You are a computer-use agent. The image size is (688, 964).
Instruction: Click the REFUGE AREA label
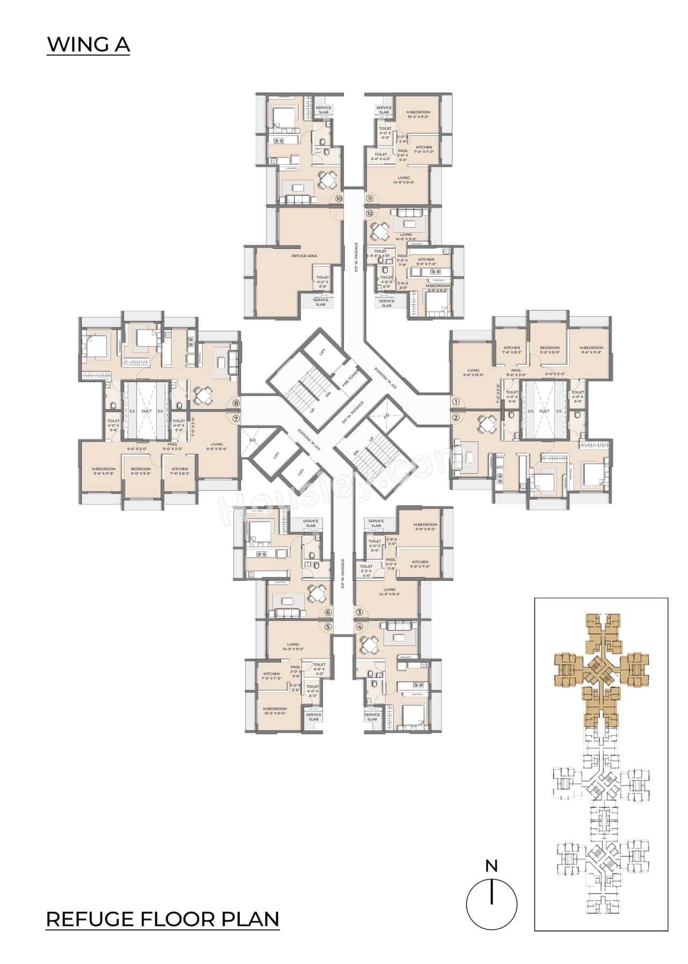click(304, 256)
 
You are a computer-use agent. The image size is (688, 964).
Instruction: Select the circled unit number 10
click(339, 199)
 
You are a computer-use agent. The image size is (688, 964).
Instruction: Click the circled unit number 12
click(370, 213)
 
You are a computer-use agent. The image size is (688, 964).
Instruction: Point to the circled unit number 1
click(456, 401)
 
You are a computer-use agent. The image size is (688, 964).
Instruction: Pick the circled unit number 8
click(235, 402)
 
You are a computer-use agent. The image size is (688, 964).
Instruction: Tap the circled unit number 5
click(328, 627)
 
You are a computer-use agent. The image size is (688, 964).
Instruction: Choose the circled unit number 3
click(359, 612)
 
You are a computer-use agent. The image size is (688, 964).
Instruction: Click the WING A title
click(89, 45)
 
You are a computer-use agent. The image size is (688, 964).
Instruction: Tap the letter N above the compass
click(491, 866)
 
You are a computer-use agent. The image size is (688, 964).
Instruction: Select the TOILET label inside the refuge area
click(322, 282)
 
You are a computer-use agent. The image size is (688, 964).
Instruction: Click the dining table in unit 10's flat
click(326, 179)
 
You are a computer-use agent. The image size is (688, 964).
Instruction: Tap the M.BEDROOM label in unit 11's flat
click(418, 114)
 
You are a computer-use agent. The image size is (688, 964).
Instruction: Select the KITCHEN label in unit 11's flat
click(424, 149)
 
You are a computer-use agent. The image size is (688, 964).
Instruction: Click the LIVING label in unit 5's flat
click(293, 646)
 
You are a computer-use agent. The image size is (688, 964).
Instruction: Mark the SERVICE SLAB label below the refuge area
click(320, 302)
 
